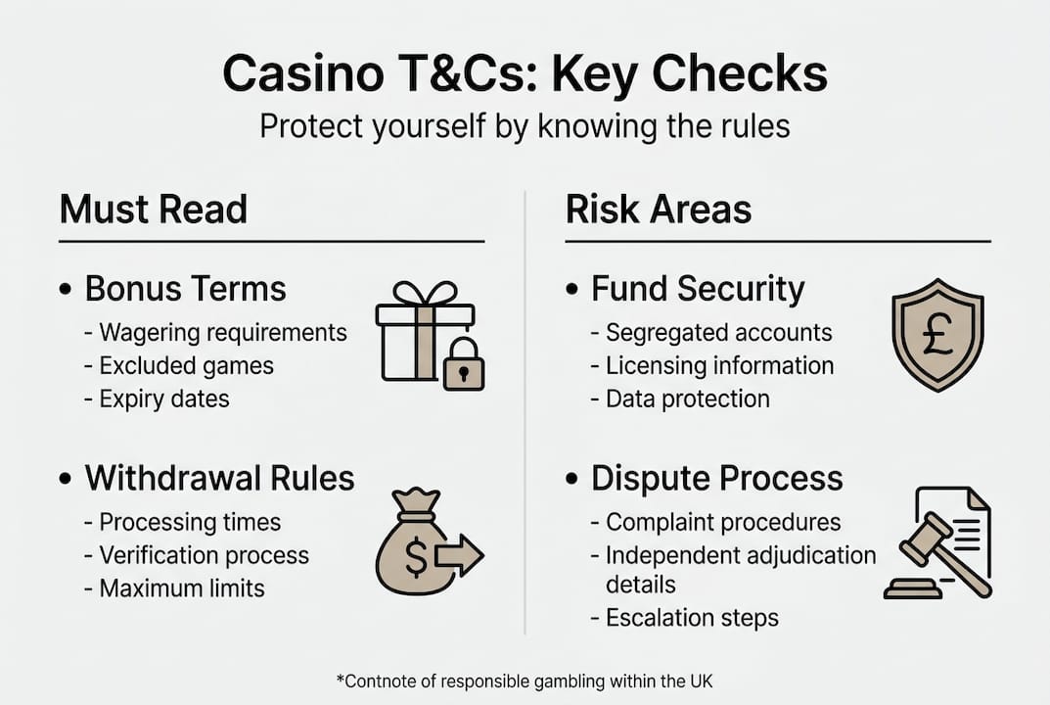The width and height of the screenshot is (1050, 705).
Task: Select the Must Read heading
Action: [154, 210]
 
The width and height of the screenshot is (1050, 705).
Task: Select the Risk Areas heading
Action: [659, 210]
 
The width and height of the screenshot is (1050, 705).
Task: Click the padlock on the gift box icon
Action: [463, 368]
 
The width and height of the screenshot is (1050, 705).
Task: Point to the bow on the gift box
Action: [425, 293]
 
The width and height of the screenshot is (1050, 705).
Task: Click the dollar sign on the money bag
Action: [416, 558]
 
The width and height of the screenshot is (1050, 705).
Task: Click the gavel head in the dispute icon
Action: [925, 540]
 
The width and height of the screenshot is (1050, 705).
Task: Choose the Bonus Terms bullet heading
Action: [186, 289]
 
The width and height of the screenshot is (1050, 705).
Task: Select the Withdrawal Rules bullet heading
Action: [219, 478]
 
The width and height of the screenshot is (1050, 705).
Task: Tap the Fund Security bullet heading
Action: [698, 289]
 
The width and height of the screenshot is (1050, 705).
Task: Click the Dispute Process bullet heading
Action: [716, 478]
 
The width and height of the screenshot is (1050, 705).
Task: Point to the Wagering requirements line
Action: [223, 333]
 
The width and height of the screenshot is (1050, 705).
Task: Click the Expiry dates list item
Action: [164, 399]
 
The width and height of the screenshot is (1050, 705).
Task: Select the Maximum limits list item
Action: [182, 587]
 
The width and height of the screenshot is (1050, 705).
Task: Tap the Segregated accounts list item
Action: [719, 333]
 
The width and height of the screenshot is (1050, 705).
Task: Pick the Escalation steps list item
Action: [692, 618]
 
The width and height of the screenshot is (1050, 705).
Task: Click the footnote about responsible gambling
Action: [524, 679]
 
